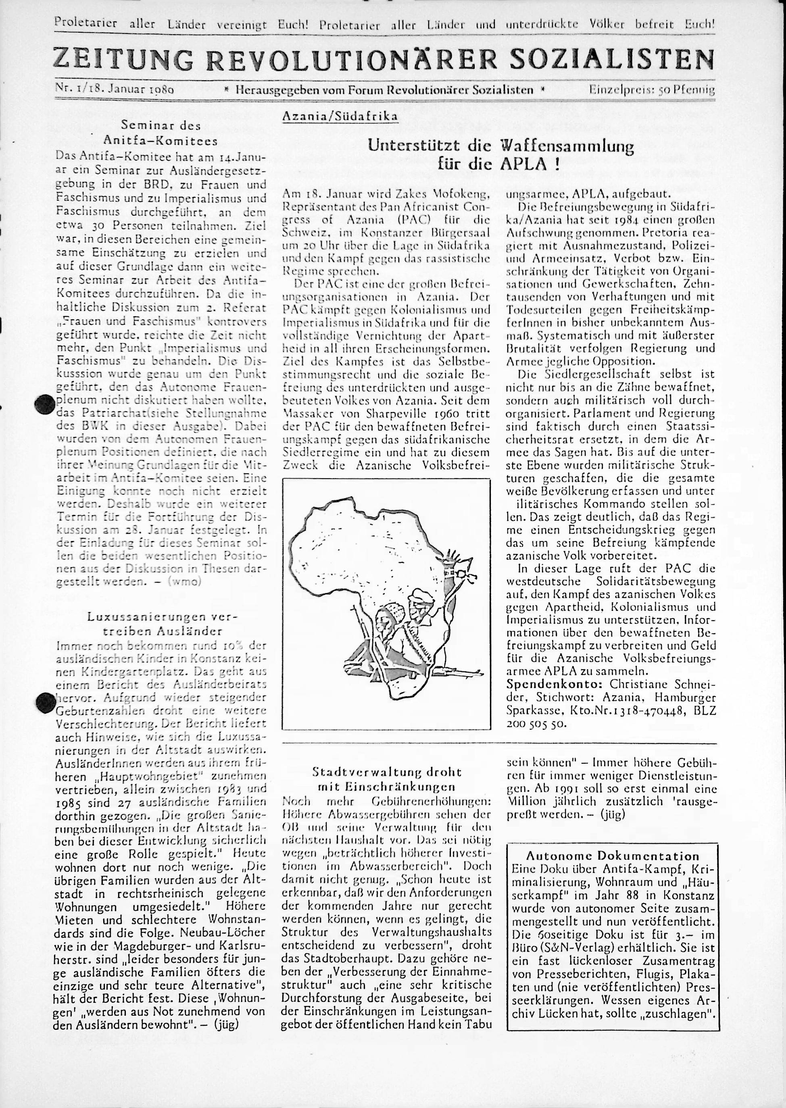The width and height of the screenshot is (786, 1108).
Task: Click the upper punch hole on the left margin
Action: (44, 404)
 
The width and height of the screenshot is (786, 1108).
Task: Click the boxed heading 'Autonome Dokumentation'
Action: (612, 856)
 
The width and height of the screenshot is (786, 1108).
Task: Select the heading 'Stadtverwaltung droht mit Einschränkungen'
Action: (386, 779)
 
